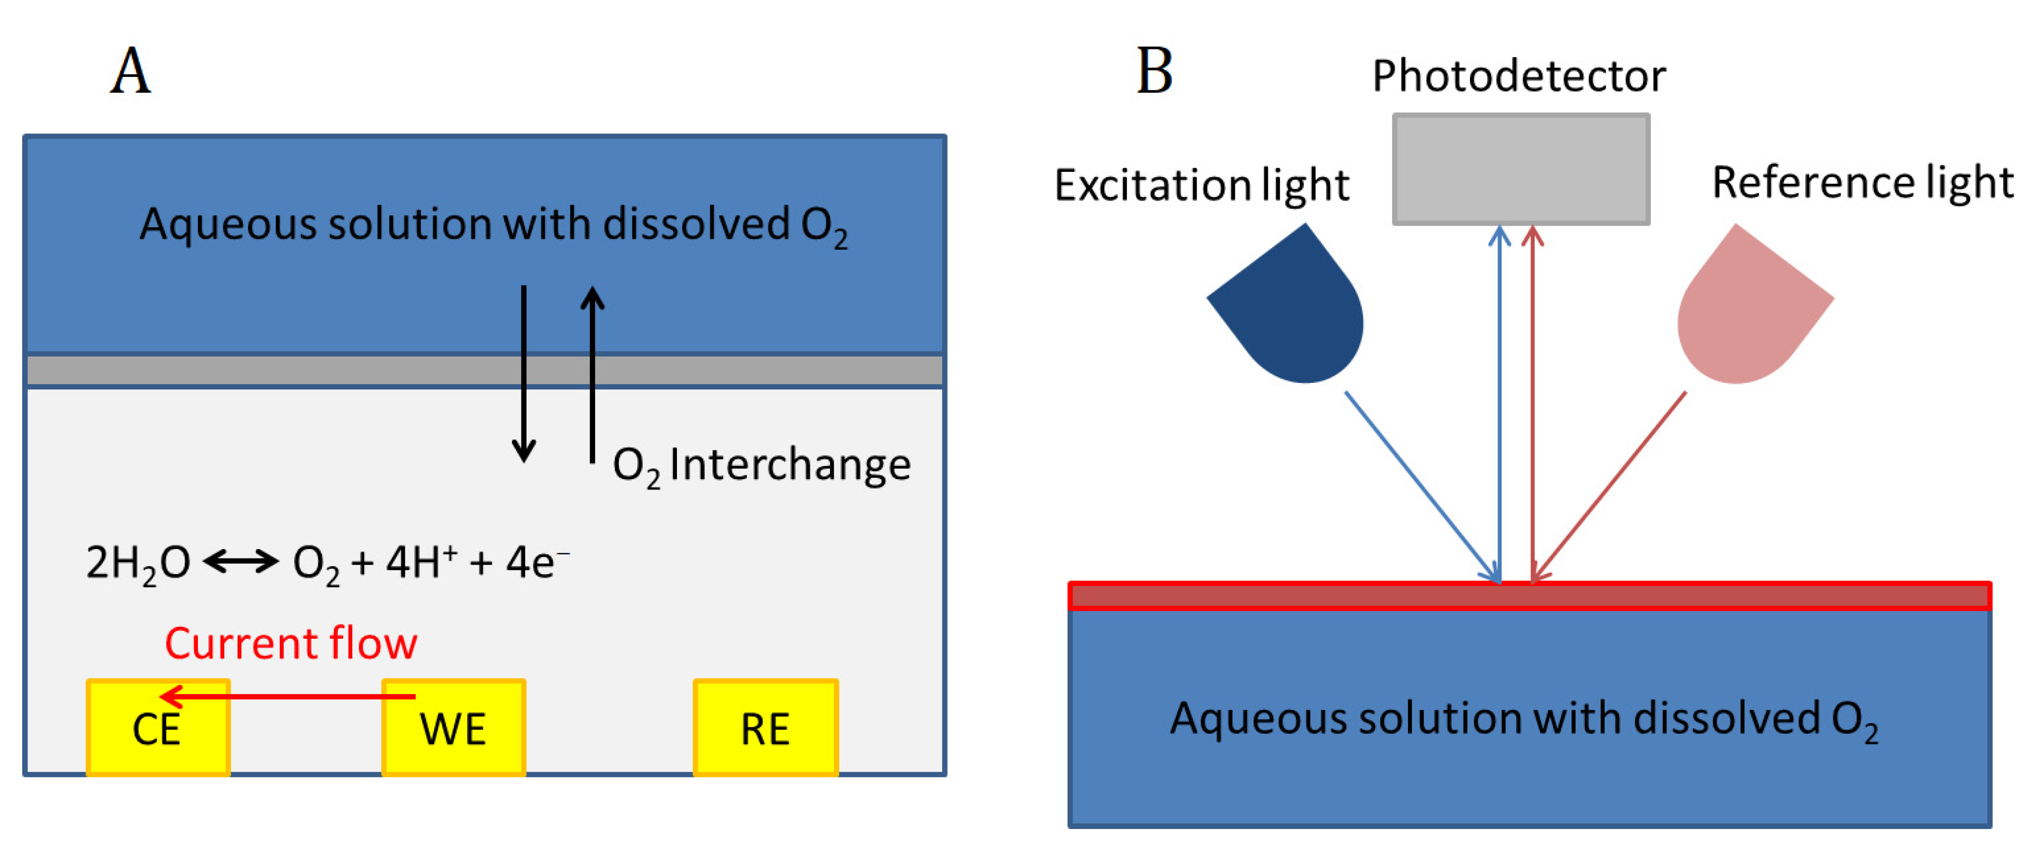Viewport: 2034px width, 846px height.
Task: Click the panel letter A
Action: (x=130, y=71)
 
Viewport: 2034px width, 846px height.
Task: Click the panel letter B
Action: (x=1154, y=71)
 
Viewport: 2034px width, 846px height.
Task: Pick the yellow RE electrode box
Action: (x=765, y=728)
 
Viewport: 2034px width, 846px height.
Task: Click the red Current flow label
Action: (x=291, y=643)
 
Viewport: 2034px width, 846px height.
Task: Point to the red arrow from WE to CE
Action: (x=288, y=696)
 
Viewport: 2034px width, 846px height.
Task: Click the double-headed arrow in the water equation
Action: (x=241, y=562)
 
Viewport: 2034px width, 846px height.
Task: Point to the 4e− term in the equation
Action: (x=537, y=562)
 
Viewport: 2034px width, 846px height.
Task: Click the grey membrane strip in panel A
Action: (x=485, y=370)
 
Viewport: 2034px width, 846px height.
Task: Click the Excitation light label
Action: (x=1202, y=186)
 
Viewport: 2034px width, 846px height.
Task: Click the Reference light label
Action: (x=1863, y=183)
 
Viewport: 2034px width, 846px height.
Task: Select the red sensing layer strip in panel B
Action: (x=1530, y=596)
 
